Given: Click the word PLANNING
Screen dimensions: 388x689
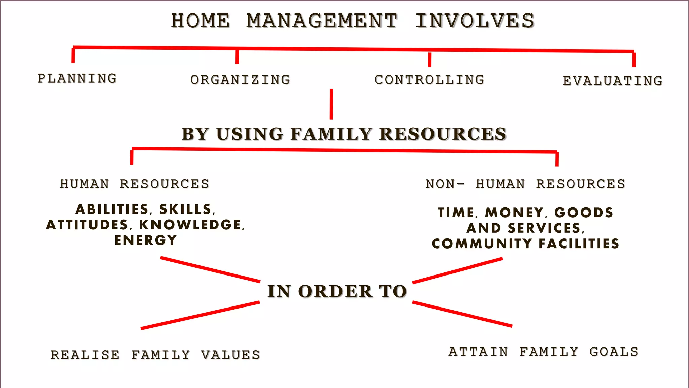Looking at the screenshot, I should [x=77, y=78].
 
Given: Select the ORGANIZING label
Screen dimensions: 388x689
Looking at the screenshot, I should [x=240, y=80].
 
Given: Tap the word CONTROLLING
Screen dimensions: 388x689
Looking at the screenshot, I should [x=430, y=80].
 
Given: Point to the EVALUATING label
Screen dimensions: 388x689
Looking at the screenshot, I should [x=613, y=81].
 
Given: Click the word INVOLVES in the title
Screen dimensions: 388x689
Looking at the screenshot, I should [x=475, y=21].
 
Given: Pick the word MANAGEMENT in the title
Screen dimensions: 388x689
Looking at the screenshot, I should [x=322, y=21].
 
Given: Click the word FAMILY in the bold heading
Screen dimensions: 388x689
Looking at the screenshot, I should [x=331, y=134].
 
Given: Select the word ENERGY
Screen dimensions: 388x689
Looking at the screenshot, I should [x=146, y=240].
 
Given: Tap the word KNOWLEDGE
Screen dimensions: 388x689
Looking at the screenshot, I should [x=190, y=225].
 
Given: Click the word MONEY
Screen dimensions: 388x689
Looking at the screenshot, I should [x=514, y=213].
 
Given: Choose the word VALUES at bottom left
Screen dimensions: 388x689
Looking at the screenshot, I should [x=231, y=355].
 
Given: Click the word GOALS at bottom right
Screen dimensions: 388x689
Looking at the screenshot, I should [x=614, y=352].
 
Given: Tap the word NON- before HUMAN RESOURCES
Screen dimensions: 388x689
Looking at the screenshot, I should [x=444, y=184].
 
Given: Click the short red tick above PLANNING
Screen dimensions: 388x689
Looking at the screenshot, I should [x=73, y=56].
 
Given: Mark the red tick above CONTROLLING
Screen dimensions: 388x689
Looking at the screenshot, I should [x=430, y=60].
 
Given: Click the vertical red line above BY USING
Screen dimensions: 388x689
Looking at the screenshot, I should [x=331, y=104].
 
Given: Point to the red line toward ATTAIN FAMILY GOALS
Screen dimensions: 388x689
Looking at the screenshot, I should [x=462, y=314].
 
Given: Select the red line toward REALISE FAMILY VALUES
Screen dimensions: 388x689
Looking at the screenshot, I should [x=200, y=315].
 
